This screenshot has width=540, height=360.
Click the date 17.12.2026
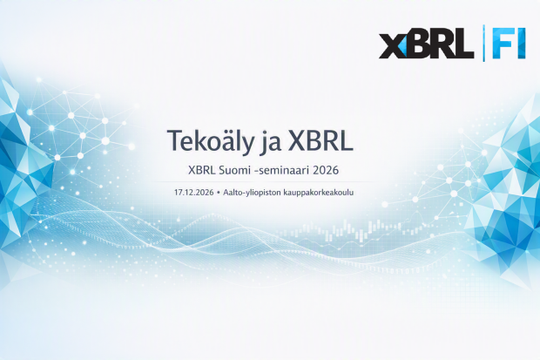pyautogui.click(x=194, y=193)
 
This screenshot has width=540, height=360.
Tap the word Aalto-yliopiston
pyautogui.click(x=252, y=193)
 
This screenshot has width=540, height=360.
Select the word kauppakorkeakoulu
pyautogui.click(x=319, y=193)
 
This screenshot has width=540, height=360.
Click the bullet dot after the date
pyautogui.click(x=219, y=193)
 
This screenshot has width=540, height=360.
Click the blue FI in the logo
pyautogui.click(x=509, y=44)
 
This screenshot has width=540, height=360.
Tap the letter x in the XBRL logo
pyautogui.click(x=392, y=46)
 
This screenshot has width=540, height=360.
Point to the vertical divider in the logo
pyautogui.click(x=483, y=44)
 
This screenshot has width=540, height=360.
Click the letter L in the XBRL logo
pyautogui.click(x=462, y=44)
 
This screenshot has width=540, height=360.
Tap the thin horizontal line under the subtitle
pyautogui.click(x=263, y=181)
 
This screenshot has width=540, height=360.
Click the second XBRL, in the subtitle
pyautogui.click(x=201, y=170)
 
